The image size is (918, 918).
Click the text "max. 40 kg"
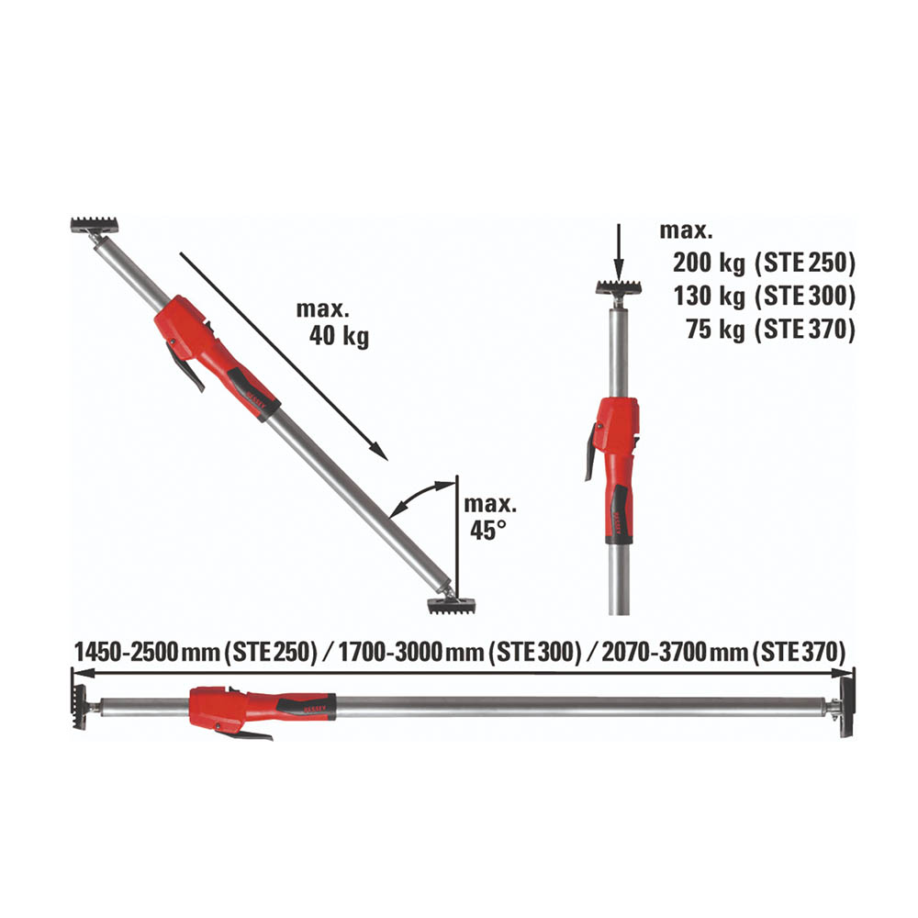(x=332, y=323)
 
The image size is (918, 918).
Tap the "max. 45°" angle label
(x=490, y=518)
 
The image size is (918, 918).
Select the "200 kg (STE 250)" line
(x=764, y=263)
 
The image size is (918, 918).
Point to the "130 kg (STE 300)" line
(x=764, y=297)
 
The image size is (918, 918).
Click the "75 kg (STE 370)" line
(x=770, y=329)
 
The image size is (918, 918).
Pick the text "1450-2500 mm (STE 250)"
(x=196, y=652)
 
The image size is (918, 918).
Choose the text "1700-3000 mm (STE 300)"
(x=460, y=652)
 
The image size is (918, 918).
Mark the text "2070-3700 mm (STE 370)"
(x=723, y=652)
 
